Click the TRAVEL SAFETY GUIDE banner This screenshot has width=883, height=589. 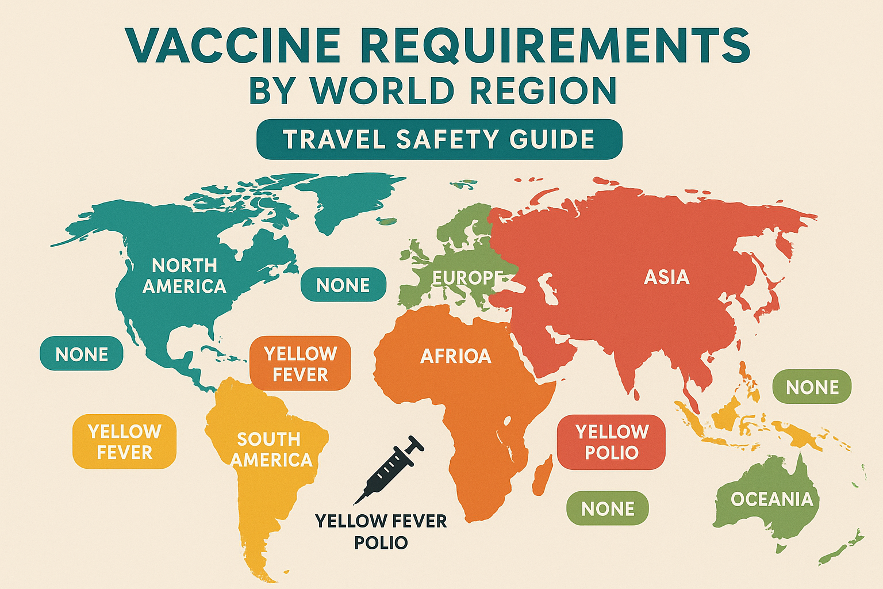tap(439, 139)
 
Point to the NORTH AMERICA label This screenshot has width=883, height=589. tap(184, 276)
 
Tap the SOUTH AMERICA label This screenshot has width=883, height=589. tap(271, 449)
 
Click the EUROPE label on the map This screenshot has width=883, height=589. tap(467, 278)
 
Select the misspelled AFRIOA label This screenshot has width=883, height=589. tap(455, 356)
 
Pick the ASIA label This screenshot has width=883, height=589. tap(666, 277)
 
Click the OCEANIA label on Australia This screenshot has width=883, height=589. tap(771, 499)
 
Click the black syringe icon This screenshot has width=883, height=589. tap(389, 469)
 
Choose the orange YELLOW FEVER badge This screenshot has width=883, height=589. tap(300, 364)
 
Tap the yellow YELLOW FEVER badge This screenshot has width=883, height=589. tap(124, 441)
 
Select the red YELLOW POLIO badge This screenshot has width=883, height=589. tap(612, 442)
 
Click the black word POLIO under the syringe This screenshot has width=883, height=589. tap(381, 542)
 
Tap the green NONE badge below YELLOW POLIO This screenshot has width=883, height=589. tap(608, 508)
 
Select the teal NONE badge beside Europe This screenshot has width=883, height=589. tap(343, 285)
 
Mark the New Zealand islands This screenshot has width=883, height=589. tap(842, 549)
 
